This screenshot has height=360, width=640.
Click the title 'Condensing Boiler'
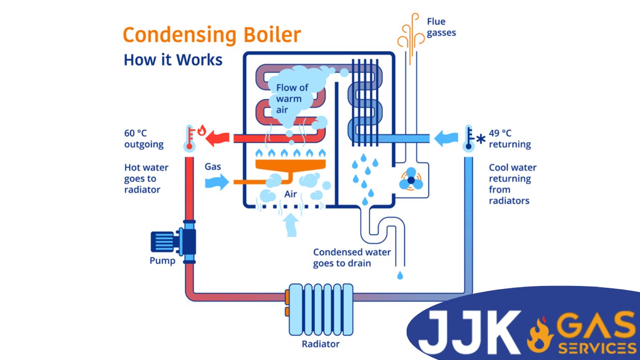[211, 35]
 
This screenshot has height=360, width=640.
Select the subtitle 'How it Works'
[173, 60]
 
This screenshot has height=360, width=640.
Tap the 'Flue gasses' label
[441, 27]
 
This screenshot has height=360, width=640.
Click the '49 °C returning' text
[510, 139]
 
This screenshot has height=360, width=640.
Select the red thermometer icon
[190, 138]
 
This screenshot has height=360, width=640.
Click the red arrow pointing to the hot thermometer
[218, 138]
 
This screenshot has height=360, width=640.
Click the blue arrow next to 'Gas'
[217, 181]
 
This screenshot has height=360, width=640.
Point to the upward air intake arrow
[291, 225]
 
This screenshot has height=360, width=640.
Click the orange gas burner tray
[290, 165]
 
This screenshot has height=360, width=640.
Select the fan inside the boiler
[411, 180]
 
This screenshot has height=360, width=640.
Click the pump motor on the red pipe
[164, 242]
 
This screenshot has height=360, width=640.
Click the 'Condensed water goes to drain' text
[351, 258]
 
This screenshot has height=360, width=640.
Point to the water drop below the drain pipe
[400, 275]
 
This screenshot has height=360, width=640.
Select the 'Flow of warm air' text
[292, 98]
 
